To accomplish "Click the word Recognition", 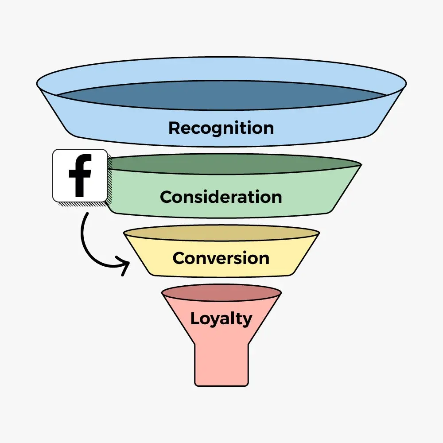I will pyautogui.click(x=221, y=128).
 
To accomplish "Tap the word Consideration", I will pyautogui.click(x=221, y=197).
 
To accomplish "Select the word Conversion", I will pyautogui.click(x=221, y=258).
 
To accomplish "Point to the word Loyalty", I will pyautogui.click(x=221, y=319).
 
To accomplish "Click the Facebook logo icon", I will pyautogui.click(x=80, y=175).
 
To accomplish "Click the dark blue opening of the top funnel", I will pyautogui.click(x=221, y=95).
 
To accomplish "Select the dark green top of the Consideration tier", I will pyautogui.click(x=235, y=165).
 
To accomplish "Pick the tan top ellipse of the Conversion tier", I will pyautogui.click(x=221, y=233).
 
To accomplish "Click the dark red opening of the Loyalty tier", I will pyautogui.click(x=221, y=293).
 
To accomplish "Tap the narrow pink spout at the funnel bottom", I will pyautogui.click(x=221, y=365).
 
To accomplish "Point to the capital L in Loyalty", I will pyautogui.click(x=194, y=318).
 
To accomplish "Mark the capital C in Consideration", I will pyautogui.click(x=167, y=197).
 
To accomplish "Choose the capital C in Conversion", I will pyautogui.click(x=179, y=258).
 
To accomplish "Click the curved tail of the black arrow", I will pyautogui.click(x=84, y=235).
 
